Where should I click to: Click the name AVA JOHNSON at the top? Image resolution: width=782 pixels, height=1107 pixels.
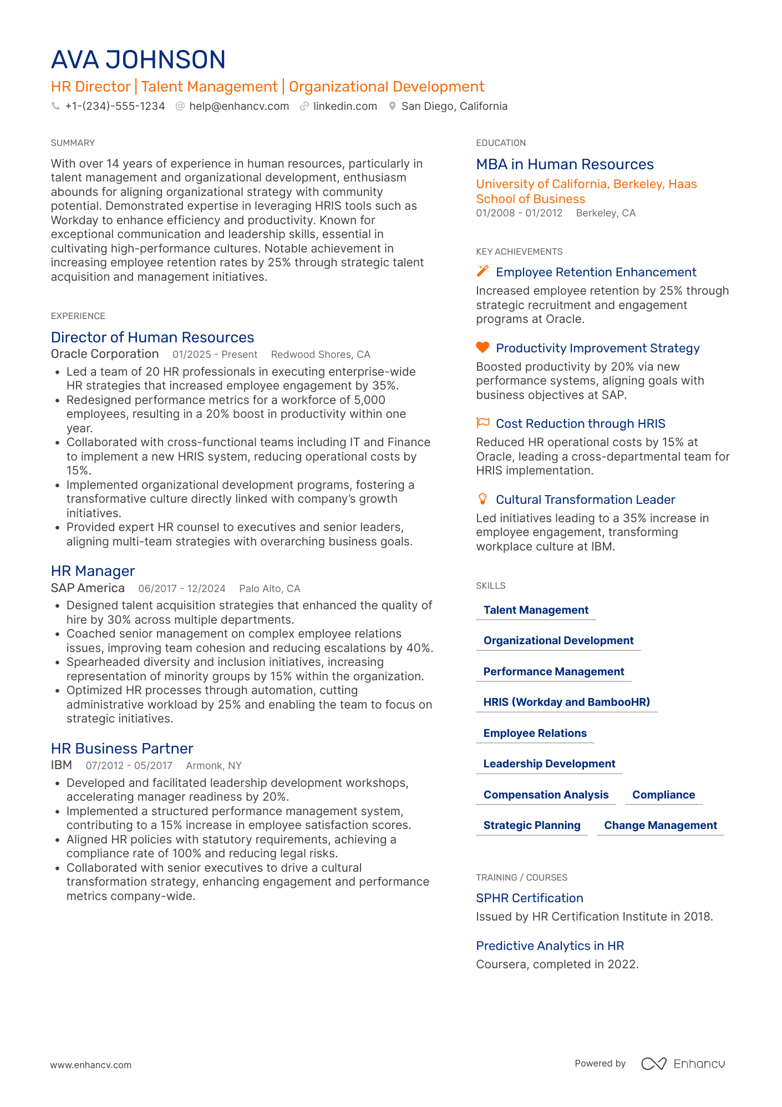click(138, 59)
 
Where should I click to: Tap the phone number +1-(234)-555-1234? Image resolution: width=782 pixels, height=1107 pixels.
click(115, 106)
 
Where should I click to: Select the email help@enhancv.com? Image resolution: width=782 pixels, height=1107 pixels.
click(239, 106)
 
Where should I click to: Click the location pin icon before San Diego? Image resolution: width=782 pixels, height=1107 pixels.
click(392, 106)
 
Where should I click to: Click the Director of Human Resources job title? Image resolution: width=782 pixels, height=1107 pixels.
click(153, 337)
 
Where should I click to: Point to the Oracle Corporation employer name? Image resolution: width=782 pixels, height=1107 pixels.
click(105, 354)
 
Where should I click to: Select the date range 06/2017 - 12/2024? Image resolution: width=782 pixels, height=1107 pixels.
click(182, 588)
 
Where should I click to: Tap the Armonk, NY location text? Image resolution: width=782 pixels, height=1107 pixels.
click(214, 766)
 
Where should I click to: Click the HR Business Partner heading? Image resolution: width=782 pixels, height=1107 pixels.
click(122, 749)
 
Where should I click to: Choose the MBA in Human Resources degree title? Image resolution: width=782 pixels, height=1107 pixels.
click(565, 164)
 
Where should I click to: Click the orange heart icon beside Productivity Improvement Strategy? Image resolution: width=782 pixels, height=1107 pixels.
click(483, 347)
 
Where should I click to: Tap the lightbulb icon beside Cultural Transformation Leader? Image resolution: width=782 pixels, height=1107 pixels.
click(483, 499)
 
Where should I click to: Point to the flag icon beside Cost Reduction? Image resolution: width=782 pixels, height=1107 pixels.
click(483, 423)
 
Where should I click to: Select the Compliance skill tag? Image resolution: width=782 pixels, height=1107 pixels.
click(663, 795)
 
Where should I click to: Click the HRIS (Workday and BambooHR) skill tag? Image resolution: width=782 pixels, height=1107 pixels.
click(566, 702)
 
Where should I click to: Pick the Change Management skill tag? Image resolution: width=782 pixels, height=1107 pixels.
click(660, 825)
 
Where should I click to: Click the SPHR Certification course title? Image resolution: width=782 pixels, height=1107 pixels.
click(529, 898)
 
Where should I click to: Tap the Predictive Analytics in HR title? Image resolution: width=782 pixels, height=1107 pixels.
click(550, 946)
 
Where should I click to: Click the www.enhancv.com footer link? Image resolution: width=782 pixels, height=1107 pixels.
click(91, 1065)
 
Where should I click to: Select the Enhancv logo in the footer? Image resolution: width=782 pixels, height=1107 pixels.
click(683, 1064)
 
